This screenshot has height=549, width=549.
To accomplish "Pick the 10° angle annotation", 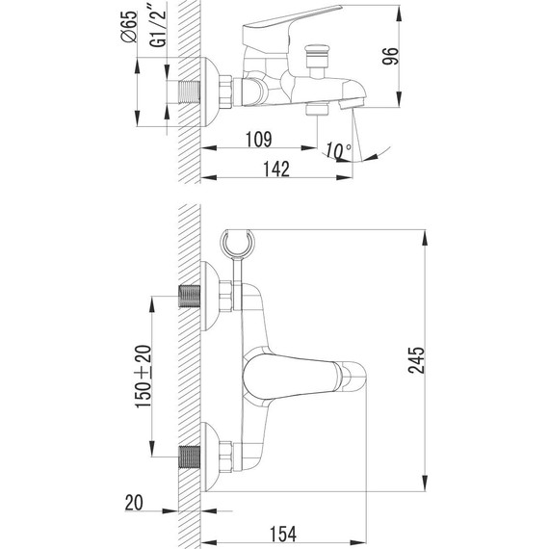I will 338,149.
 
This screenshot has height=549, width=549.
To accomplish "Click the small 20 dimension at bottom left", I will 136,501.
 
